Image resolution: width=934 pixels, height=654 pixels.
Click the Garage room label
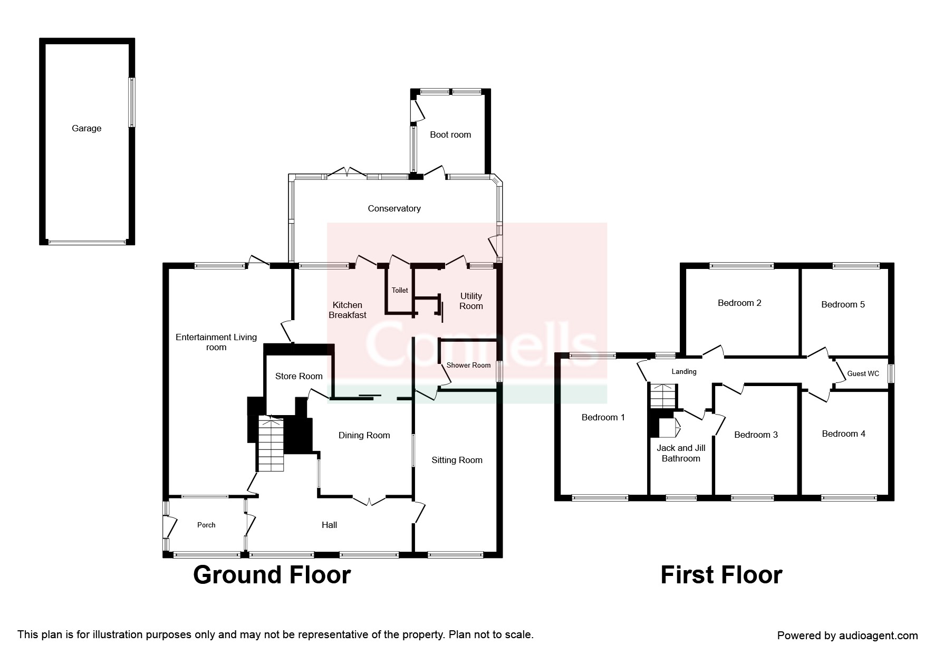pos(86,128)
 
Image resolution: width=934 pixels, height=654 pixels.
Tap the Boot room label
pos(450,134)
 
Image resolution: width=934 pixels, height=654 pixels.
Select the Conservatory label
pos(394,208)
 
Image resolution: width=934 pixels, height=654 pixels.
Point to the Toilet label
pos(400,290)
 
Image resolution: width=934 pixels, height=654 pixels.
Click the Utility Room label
pos(471,301)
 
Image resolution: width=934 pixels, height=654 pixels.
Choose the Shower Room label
pos(468,365)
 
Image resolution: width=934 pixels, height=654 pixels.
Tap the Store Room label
pos(299,376)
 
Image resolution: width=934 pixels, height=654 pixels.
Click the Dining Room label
pos(364,435)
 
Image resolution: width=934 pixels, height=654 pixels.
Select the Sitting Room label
pos(457,460)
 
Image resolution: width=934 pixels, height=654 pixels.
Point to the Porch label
pos(206,525)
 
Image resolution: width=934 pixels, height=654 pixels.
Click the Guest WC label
pos(863,373)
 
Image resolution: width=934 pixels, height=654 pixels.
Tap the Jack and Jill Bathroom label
pos(681,453)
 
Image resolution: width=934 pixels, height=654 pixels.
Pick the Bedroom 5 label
pos(843,304)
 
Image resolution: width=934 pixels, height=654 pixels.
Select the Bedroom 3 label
pos(756,435)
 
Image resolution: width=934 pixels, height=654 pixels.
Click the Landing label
pos(684,371)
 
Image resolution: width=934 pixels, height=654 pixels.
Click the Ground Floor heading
pos(272,574)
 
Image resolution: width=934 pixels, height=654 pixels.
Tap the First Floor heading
pos(721,574)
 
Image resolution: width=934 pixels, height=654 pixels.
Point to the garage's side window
pos(132,102)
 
